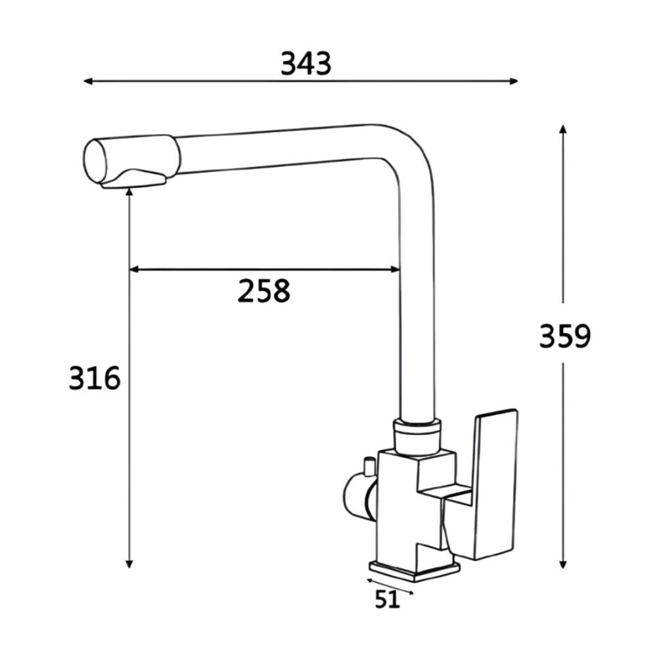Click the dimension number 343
tap(306, 64)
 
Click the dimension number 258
tap(263, 291)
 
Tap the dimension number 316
tap(95, 379)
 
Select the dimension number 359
tap(565, 336)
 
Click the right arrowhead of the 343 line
tap(514, 81)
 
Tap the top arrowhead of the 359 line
tap(563, 128)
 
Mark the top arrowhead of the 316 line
tap(129, 191)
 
